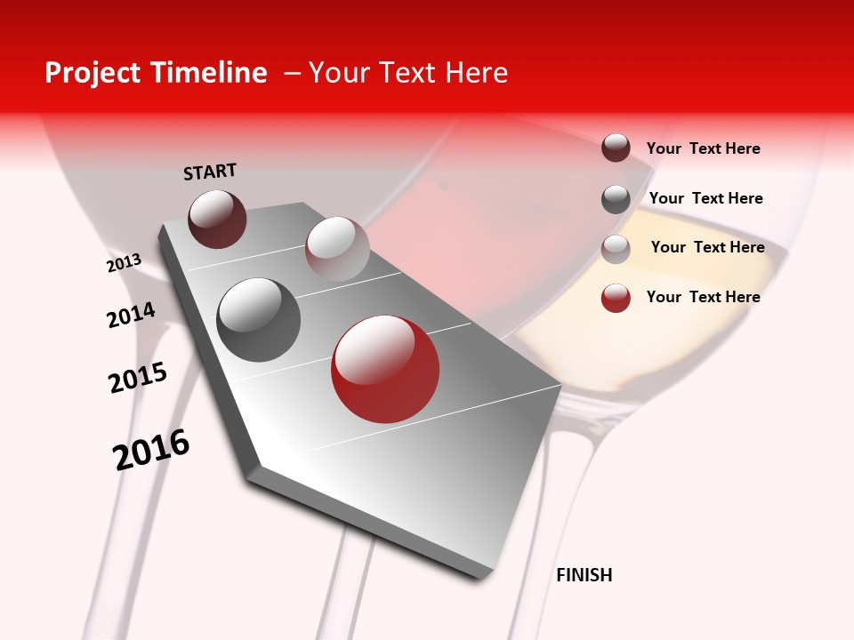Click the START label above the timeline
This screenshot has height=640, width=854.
[x=210, y=172]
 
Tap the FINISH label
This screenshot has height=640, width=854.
[x=584, y=575]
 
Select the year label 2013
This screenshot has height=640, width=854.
[x=125, y=263]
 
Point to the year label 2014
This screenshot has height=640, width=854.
[x=131, y=315]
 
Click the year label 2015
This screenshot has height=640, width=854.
[x=138, y=378]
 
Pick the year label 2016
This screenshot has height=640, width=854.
[x=151, y=450]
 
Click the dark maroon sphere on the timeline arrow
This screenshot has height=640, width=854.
[x=217, y=219]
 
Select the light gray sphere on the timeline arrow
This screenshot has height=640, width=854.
[x=337, y=248]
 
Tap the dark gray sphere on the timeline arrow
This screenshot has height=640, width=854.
[x=259, y=319]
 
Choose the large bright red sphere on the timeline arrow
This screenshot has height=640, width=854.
[x=385, y=369]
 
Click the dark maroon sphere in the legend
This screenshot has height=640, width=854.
[x=616, y=148]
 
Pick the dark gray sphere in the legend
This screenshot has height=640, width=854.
[x=616, y=199]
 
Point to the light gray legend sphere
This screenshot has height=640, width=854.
[x=616, y=249]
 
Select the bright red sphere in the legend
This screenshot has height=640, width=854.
[x=616, y=298]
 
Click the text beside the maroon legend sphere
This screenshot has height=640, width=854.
[x=703, y=148]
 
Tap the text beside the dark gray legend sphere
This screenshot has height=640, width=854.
[x=705, y=198]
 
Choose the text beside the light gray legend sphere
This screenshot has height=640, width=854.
[x=707, y=247]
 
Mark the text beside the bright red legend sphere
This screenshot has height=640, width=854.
[x=703, y=297]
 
